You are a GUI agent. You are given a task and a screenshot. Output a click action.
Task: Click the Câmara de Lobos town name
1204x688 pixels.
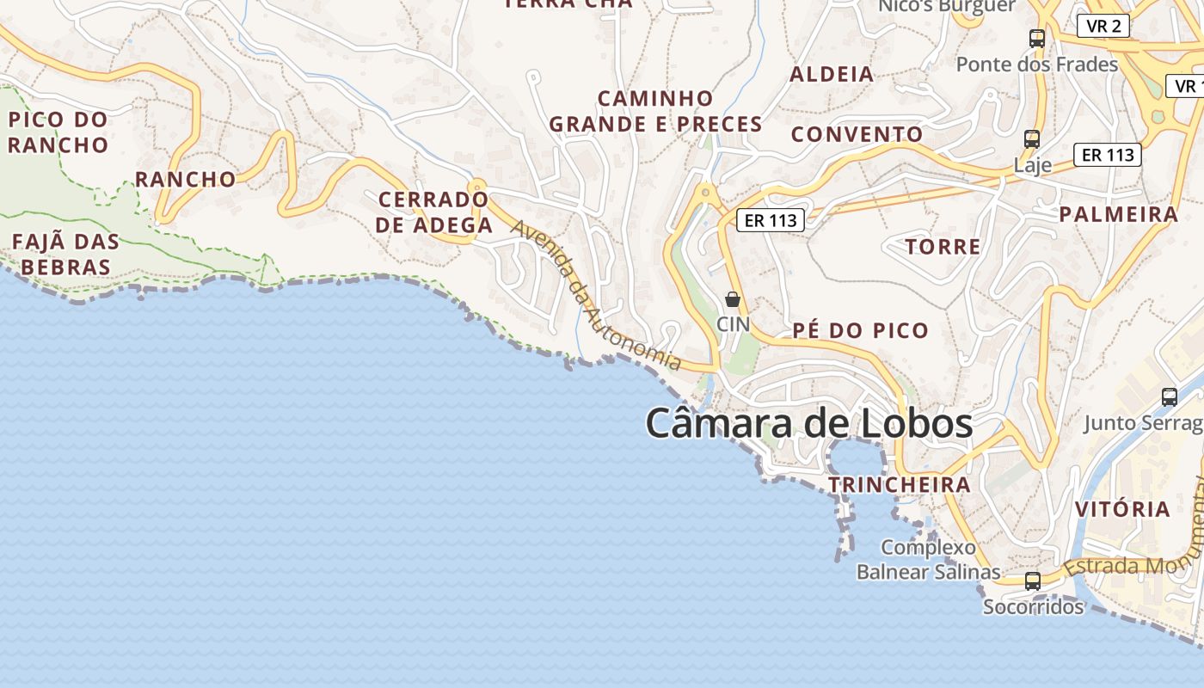pyautogui.click(x=808, y=423)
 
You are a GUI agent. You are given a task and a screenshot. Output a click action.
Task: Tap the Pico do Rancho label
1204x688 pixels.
pyautogui.click(x=58, y=132)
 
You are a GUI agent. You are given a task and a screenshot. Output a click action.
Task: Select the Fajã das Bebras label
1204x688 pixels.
pyautogui.click(x=65, y=254)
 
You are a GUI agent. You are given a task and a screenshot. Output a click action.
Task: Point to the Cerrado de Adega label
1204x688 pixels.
pyautogui.click(x=434, y=212)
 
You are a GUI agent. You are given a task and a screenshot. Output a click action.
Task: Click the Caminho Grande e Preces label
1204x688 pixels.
pyautogui.click(x=655, y=112)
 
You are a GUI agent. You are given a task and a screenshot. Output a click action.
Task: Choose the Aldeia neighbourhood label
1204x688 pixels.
pyautogui.click(x=832, y=74)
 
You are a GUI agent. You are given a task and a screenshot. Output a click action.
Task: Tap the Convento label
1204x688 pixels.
pyautogui.click(x=857, y=134)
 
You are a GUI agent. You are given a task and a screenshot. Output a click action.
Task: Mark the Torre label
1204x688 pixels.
pyautogui.click(x=943, y=247)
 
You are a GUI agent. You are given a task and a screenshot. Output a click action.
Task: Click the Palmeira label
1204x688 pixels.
pyautogui.click(x=1118, y=214)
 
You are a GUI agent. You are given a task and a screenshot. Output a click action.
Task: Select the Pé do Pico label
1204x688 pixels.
pyautogui.click(x=860, y=330)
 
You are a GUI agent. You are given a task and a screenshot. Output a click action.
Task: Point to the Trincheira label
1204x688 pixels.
pyautogui.click(x=899, y=485)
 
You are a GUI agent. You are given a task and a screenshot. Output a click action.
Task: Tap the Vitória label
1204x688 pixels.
pyautogui.click(x=1122, y=508)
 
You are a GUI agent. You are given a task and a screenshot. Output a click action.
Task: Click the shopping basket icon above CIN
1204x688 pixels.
pyautogui.click(x=733, y=299)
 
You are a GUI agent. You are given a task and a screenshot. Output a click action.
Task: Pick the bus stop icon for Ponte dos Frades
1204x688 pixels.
pyautogui.click(x=1037, y=39)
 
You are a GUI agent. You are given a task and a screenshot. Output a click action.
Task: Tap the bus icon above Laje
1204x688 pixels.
pyautogui.click(x=1032, y=138)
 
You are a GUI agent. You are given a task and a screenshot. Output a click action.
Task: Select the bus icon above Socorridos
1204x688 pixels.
pyautogui.click(x=1033, y=581)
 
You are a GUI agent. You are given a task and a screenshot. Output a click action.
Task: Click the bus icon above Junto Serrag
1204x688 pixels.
pyautogui.click(x=1170, y=396)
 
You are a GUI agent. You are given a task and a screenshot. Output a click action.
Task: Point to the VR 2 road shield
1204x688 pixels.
pyautogui.click(x=1103, y=26)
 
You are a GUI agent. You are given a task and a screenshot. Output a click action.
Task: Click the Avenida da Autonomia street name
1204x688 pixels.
pyautogui.click(x=596, y=296)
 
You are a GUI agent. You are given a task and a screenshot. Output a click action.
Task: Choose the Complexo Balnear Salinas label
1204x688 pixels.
pyautogui.click(x=928, y=560)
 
